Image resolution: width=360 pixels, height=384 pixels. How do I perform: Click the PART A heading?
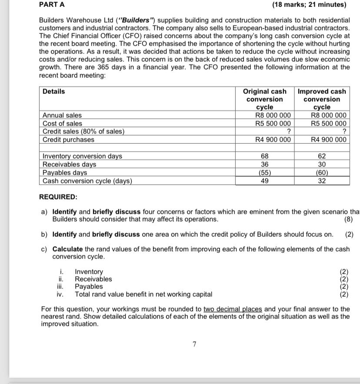pos(52,5)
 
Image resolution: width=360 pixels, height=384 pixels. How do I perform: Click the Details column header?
pos(54,91)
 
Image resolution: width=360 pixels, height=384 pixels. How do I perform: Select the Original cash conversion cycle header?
pos(265,99)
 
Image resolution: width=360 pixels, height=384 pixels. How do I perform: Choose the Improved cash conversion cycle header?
pos(322,99)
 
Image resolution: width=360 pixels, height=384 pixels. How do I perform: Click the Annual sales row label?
pos(62,115)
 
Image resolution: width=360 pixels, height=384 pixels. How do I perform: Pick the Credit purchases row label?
pos(68,139)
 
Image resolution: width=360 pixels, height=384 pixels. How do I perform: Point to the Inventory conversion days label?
pos(82,156)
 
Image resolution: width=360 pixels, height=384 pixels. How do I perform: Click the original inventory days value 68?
pos(265,156)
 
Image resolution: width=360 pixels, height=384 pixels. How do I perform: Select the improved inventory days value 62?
pos(322,156)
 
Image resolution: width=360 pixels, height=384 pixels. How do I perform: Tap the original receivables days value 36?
pos(265,164)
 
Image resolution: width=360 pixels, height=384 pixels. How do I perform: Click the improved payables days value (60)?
pos(322,172)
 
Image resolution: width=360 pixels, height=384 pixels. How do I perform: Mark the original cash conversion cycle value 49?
pos(265,181)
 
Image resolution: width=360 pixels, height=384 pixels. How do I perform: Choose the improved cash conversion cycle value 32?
pos(322,181)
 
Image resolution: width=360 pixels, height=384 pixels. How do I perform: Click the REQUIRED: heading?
pos(58,197)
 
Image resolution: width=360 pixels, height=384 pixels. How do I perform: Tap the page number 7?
pos(194,344)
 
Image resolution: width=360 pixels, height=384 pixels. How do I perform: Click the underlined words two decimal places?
pos(233,309)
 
